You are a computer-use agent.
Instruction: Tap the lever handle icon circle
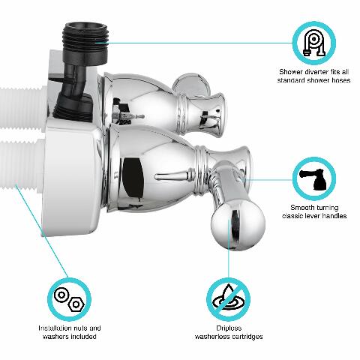(x=314, y=177)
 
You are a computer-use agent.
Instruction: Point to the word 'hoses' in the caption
(x=335, y=79)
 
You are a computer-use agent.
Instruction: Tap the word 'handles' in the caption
(x=333, y=215)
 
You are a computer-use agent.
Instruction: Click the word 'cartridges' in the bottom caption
(x=247, y=337)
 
